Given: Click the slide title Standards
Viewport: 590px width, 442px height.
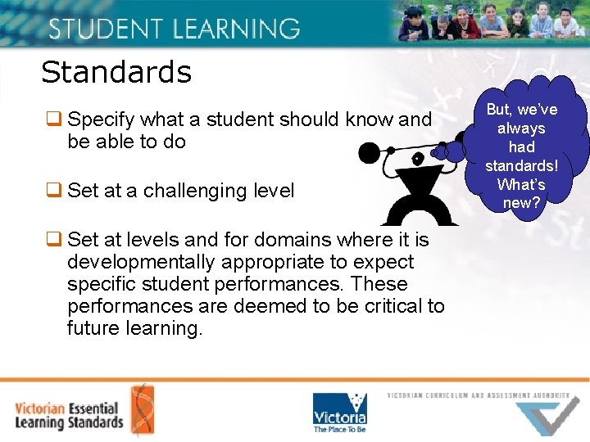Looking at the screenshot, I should pyautogui.click(x=116, y=72).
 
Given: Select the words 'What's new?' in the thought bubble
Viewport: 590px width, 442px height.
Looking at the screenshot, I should pyautogui.click(x=521, y=193).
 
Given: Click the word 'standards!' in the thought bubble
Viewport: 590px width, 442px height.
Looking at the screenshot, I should pyautogui.click(x=521, y=165).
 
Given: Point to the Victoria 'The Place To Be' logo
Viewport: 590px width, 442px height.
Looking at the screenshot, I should pyautogui.click(x=339, y=412).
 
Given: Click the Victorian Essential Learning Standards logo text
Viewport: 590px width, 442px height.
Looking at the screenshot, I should pyautogui.click(x=69, y=415).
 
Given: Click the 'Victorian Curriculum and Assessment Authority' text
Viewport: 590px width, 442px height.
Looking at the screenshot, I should pyautogui.click(x=479, y=395).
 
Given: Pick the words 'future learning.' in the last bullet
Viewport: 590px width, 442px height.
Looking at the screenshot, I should pyautogui.click(x=134, y=328).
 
